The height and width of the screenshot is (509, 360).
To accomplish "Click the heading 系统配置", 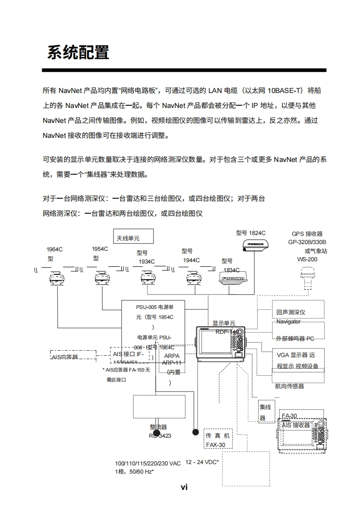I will (x=78, y=52).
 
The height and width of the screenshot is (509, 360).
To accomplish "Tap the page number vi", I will (x=184, y=487).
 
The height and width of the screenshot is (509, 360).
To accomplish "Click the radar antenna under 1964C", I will (x=57, y=278).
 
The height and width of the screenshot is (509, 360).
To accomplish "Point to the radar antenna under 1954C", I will (x=102, y=278).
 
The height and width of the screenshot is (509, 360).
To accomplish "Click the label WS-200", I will (x=307, y=259).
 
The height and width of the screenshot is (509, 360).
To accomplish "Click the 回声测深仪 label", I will (x=291, y=312).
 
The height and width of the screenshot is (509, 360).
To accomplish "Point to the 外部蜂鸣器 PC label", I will (x=295, y=338).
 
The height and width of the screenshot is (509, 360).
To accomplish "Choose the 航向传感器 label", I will (x=290, y=387).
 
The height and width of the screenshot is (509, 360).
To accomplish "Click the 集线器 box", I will (x=265, y=412).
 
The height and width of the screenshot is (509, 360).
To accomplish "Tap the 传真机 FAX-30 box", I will (x=218, y=440).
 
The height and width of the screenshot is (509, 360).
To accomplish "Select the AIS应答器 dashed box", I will (x=73, y=357).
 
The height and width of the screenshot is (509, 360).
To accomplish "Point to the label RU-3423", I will (x=160, y=436).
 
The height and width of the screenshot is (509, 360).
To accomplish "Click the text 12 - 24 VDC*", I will (x=202, y=462).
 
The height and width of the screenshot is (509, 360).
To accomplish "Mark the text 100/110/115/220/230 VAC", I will (x=148, y=463).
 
